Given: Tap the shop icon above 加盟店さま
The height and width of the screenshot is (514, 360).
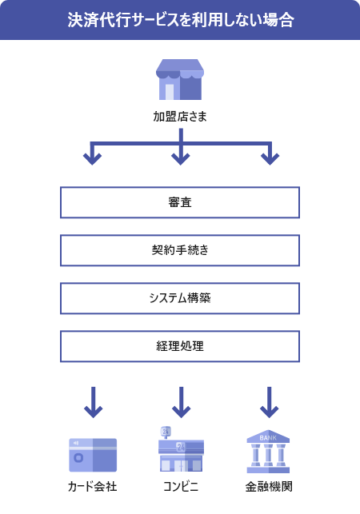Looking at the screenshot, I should coord(180,79).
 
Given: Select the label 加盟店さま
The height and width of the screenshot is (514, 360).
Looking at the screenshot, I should coord(180,116).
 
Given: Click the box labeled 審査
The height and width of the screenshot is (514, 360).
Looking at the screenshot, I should coord(180,202).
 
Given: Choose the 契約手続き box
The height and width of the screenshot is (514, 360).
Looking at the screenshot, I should coord(180,250).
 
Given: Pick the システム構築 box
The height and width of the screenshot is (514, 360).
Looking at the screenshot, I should coord(180,298).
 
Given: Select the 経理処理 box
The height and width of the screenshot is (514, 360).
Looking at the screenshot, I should coord(180,346).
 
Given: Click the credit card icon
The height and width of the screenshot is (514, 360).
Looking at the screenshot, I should coord(93,455).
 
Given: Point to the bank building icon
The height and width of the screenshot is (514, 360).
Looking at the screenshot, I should coord(268,453).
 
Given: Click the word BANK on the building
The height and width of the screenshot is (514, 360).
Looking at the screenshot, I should coord(268,439).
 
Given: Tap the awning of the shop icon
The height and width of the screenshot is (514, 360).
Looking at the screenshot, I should coord(180,68).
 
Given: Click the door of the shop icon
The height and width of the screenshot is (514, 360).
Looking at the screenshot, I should coord(170,90).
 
